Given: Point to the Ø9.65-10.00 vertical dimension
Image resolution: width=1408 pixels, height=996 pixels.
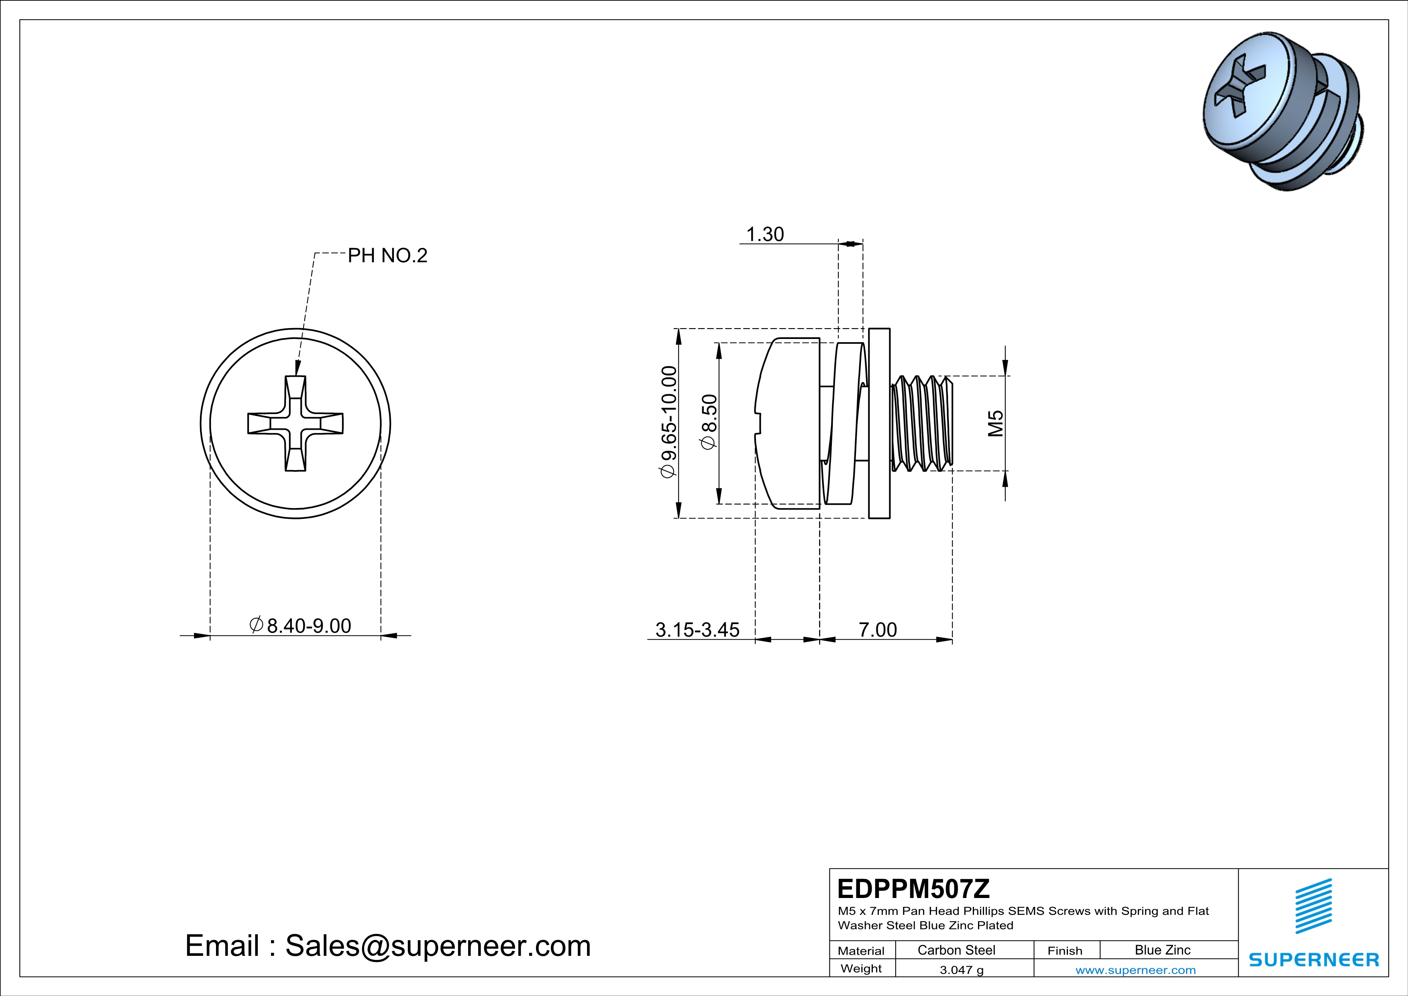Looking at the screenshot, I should coord(668,422).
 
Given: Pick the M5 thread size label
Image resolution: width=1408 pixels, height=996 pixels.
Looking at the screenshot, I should coord(995,423).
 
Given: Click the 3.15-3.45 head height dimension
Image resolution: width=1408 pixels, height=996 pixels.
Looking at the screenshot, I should coord(697,630).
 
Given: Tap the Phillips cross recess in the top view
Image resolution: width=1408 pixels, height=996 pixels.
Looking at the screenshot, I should coord(295,423).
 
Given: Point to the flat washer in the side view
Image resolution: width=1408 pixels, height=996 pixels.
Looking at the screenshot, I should coord(879,423).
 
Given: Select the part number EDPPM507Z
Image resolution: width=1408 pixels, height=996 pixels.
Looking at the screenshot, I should coord(913,889).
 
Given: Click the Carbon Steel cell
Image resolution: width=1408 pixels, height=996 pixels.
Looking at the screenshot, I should coord(956,950).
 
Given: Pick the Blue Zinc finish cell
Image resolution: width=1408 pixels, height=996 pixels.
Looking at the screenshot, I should coord(1162,950).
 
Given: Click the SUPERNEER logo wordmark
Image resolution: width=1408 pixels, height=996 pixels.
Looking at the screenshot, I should coord(1314,960).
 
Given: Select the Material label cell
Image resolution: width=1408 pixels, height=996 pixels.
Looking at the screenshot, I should coord(861,951).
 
